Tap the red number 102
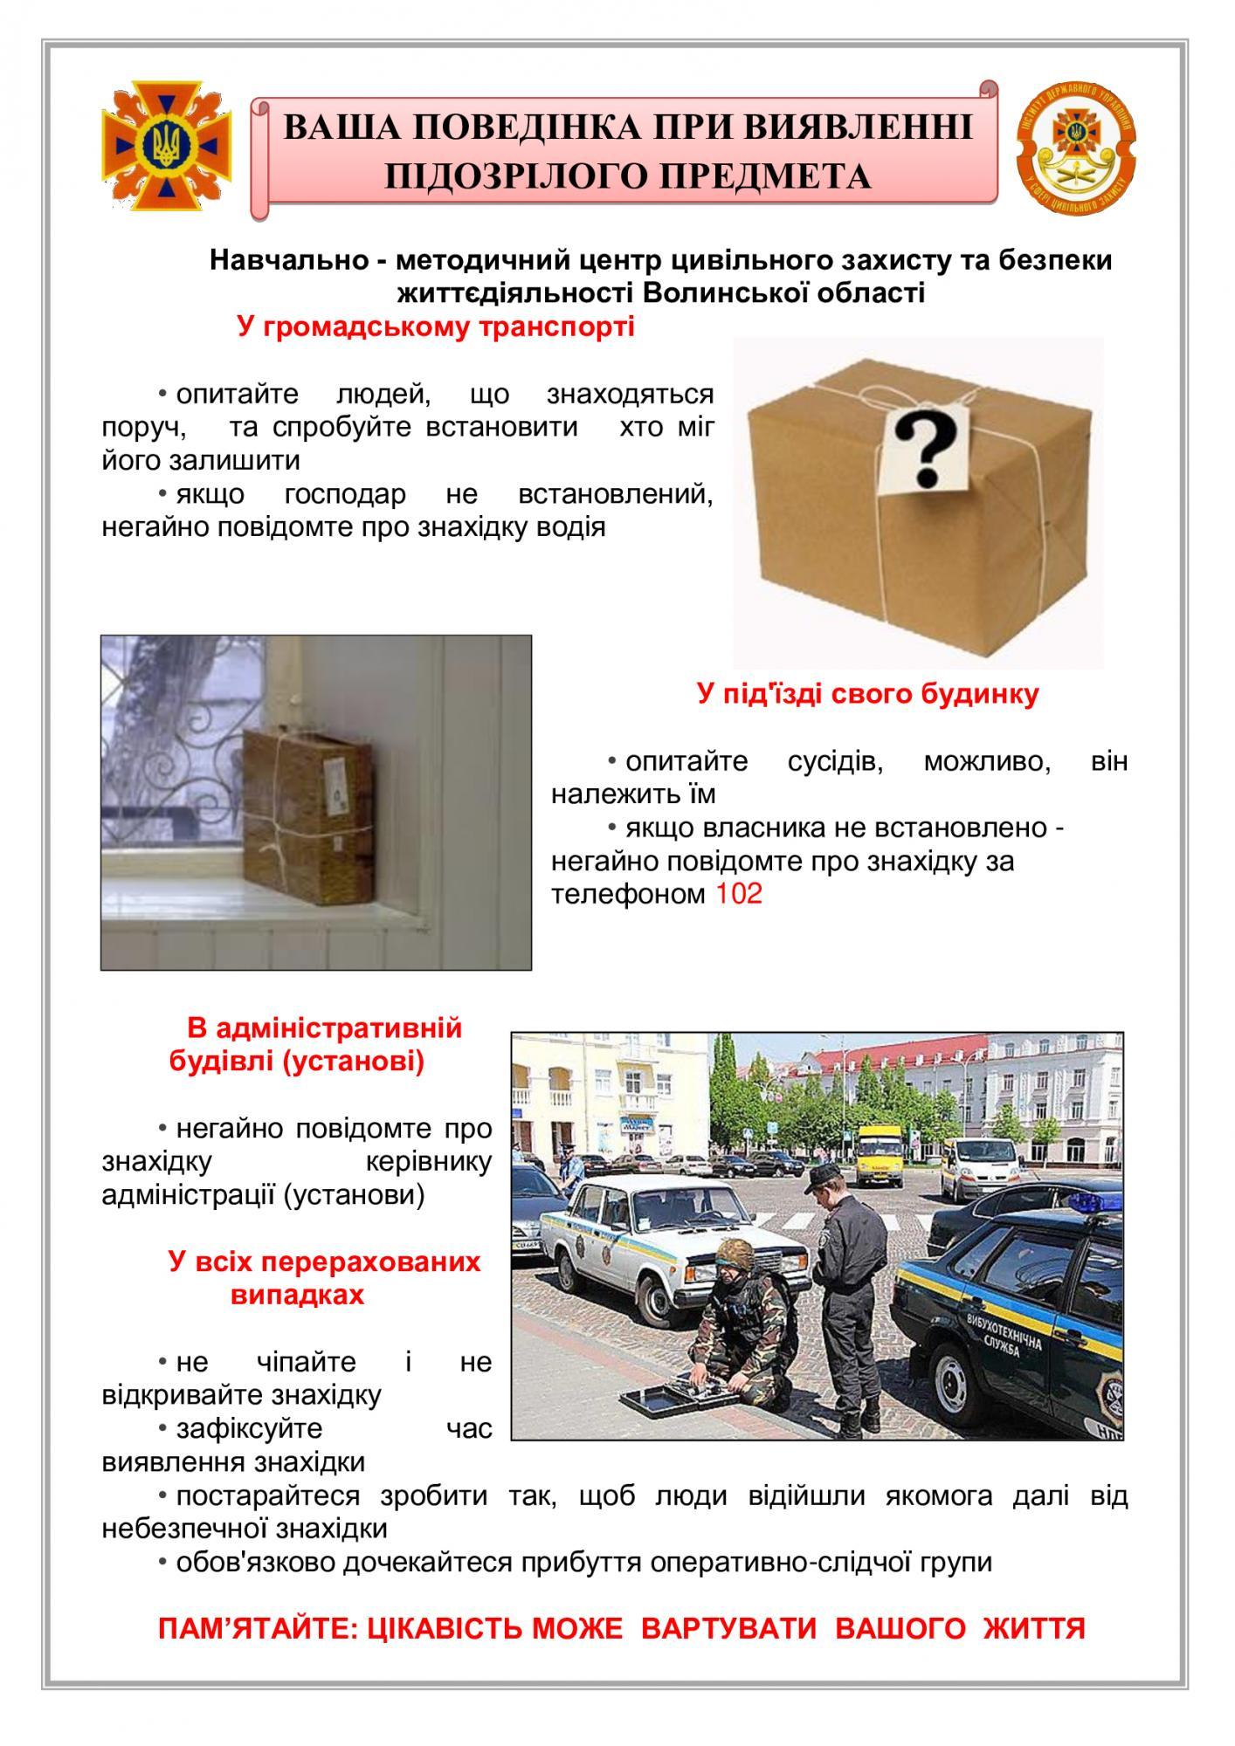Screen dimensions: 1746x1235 point(738,894)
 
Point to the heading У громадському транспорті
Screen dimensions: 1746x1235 point(435,329)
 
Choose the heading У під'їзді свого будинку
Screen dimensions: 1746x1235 point(868,694)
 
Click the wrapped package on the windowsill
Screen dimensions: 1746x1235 point(302,796)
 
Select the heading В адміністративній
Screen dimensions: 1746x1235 point(324,1028)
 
